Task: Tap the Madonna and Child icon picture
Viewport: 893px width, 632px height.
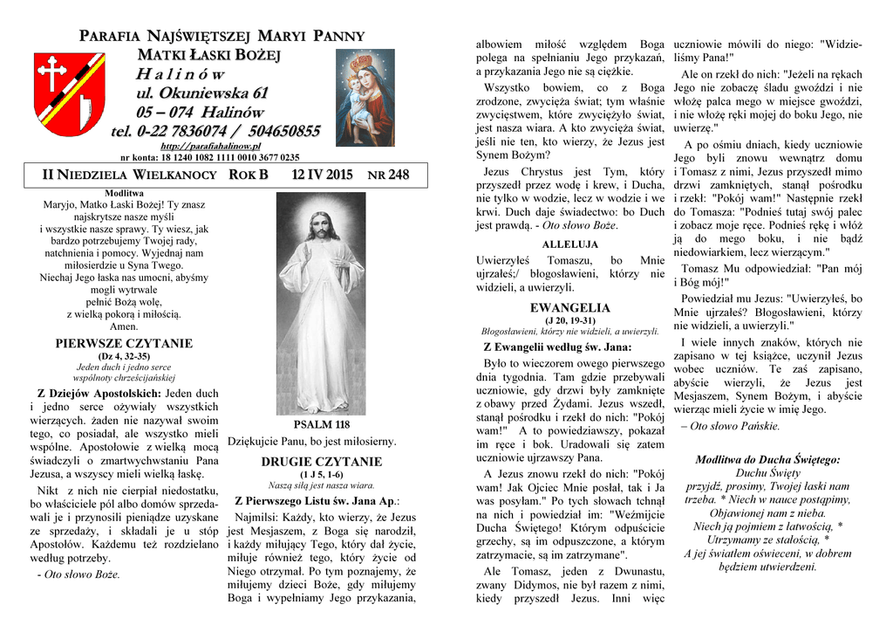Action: pos(365,97)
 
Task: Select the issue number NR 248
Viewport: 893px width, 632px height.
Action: pos(388,175)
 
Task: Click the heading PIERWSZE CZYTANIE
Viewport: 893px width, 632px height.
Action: pos(123,344)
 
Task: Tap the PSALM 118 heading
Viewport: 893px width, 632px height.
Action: pos(321,424)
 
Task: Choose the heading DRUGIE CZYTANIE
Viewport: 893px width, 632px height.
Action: pos(322,462)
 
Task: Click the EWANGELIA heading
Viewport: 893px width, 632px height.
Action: pos(569,308)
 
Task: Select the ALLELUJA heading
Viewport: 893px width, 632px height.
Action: pos(569,244)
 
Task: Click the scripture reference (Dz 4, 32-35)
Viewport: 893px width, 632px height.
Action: pos(123,356)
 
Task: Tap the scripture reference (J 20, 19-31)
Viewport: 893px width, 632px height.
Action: pos(569,320)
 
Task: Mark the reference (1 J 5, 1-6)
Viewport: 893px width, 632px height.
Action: pos(322,474)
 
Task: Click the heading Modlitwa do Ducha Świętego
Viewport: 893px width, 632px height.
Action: pos(767,459)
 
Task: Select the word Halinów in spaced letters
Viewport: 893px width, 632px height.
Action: pos(181,74)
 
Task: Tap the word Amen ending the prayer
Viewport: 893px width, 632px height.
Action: pos(123,326)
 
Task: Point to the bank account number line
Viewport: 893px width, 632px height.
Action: pos(210,158)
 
